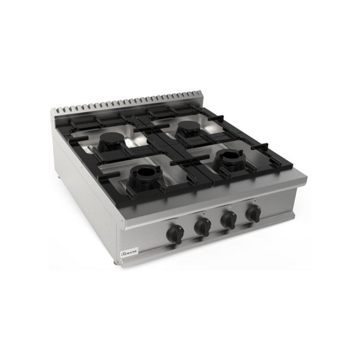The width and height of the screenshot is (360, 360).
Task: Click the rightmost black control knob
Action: click(x=253, y=213)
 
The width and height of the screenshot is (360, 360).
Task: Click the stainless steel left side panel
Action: click(x=81, y=191)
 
